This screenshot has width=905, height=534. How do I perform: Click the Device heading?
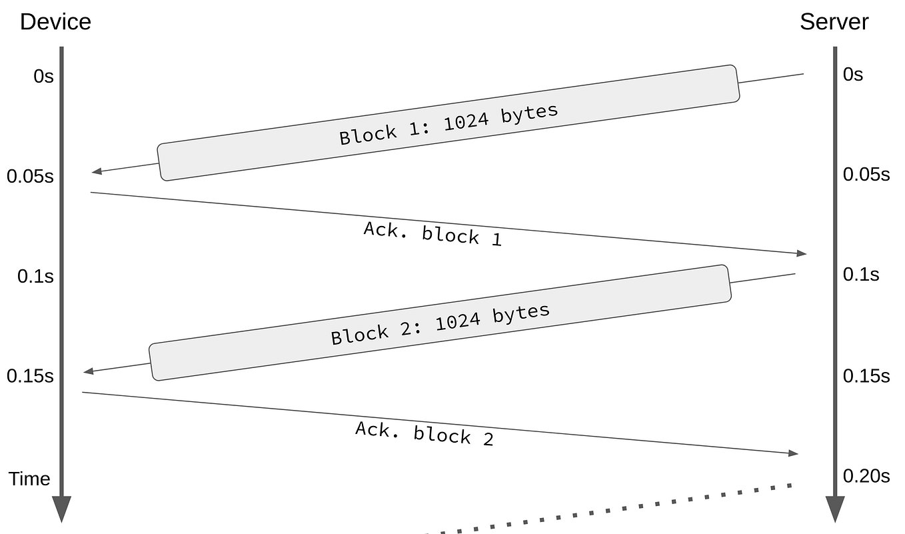55,22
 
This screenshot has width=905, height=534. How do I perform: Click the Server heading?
834,22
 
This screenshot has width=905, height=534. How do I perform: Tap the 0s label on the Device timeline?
43,77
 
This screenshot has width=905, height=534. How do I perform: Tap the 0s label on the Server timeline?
852,74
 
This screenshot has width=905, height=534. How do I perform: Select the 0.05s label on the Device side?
30,177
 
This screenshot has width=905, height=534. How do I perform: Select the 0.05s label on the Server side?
866,175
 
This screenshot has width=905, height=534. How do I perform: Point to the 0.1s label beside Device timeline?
35,276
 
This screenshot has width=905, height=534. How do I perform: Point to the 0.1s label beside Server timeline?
861,275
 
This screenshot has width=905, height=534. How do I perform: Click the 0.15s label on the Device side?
30,376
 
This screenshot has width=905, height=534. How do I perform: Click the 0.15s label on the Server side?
866,376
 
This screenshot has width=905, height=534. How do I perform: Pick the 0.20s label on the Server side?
866,476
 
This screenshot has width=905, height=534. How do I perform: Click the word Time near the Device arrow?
29,479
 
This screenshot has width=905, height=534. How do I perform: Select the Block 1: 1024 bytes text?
449,124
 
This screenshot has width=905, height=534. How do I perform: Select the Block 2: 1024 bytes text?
440,324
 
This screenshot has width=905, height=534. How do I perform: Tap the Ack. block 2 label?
425,433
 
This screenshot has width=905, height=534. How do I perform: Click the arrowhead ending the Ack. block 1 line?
802,253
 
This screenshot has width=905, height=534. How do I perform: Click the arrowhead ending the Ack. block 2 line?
793,453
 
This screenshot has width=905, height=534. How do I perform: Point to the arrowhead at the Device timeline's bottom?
61,510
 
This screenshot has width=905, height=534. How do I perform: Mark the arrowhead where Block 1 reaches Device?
97,171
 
